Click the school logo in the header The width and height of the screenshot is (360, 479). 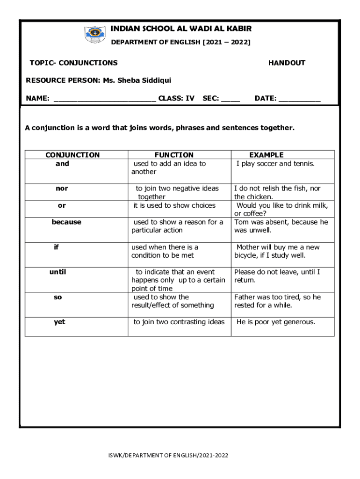tap(95, 35)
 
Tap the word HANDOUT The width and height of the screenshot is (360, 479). tap(287, 63)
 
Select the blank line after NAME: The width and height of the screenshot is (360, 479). tap(105, 99)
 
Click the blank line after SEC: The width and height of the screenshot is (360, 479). tap(230, 99)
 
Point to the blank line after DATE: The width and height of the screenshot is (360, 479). tap(299, 99)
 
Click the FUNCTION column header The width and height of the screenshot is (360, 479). tap(174, 155)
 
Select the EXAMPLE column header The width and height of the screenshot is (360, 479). tap(266, 155)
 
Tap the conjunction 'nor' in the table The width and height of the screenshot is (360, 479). tap(62, 189)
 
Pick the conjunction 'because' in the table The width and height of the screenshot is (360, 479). tap(66, 222)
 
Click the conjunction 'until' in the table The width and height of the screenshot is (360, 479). tap(58, 272)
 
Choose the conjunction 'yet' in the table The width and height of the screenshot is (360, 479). tap(59, 322)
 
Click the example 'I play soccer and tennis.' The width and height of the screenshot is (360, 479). tap(275, 164)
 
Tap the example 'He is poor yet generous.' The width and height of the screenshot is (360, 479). tap(276, 322)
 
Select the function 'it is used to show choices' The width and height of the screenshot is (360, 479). tap(174, 205)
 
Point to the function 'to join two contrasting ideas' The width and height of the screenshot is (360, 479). tap(179, 322)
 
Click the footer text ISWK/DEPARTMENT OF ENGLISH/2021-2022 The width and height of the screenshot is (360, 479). tap(168, 455)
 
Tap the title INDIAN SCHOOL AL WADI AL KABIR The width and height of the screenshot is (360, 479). tap(181, 29)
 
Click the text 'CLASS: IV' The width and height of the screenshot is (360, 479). tap(176, 99)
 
